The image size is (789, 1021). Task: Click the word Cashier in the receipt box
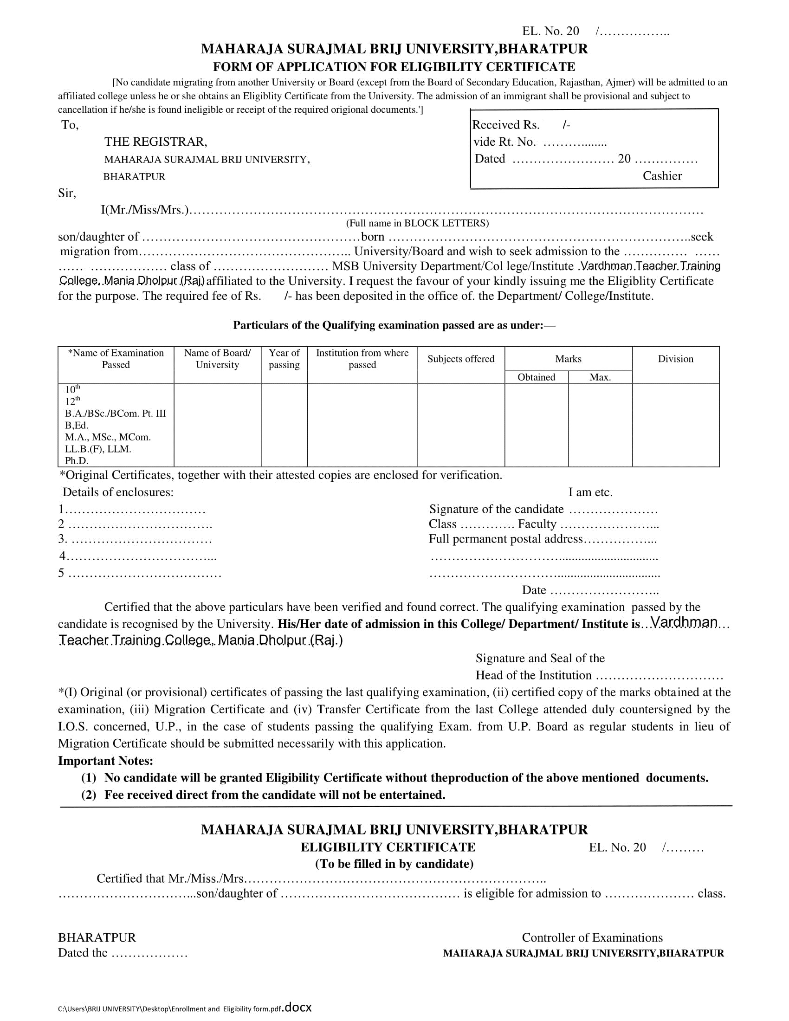point(662,176)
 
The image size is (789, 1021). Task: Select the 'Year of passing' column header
point(284,359)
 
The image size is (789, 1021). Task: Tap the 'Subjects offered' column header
point(460,359)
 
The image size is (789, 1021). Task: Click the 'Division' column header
point(675,359)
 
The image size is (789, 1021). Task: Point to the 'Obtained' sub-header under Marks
point(536,377)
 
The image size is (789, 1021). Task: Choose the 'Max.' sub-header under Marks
point(600,377)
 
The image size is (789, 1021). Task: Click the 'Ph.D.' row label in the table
point(77,460)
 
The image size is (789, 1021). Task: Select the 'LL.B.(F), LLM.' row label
point(98,449)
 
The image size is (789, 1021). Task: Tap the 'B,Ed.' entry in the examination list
point(77,425)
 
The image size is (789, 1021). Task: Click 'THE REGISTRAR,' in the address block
point(155,142)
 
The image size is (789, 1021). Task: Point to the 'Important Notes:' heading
point(106,761)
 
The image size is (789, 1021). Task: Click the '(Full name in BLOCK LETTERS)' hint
point(417,223)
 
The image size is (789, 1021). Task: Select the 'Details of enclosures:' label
point(118,492)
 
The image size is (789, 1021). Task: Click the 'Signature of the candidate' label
point(497,509)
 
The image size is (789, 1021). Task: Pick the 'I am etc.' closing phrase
point(590,492)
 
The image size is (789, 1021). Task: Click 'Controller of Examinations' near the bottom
point(592,937)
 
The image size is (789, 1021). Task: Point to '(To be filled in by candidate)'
point(394,864)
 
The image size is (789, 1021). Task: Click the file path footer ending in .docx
point(185,1008)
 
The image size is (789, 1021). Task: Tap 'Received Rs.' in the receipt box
point(506,125)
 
